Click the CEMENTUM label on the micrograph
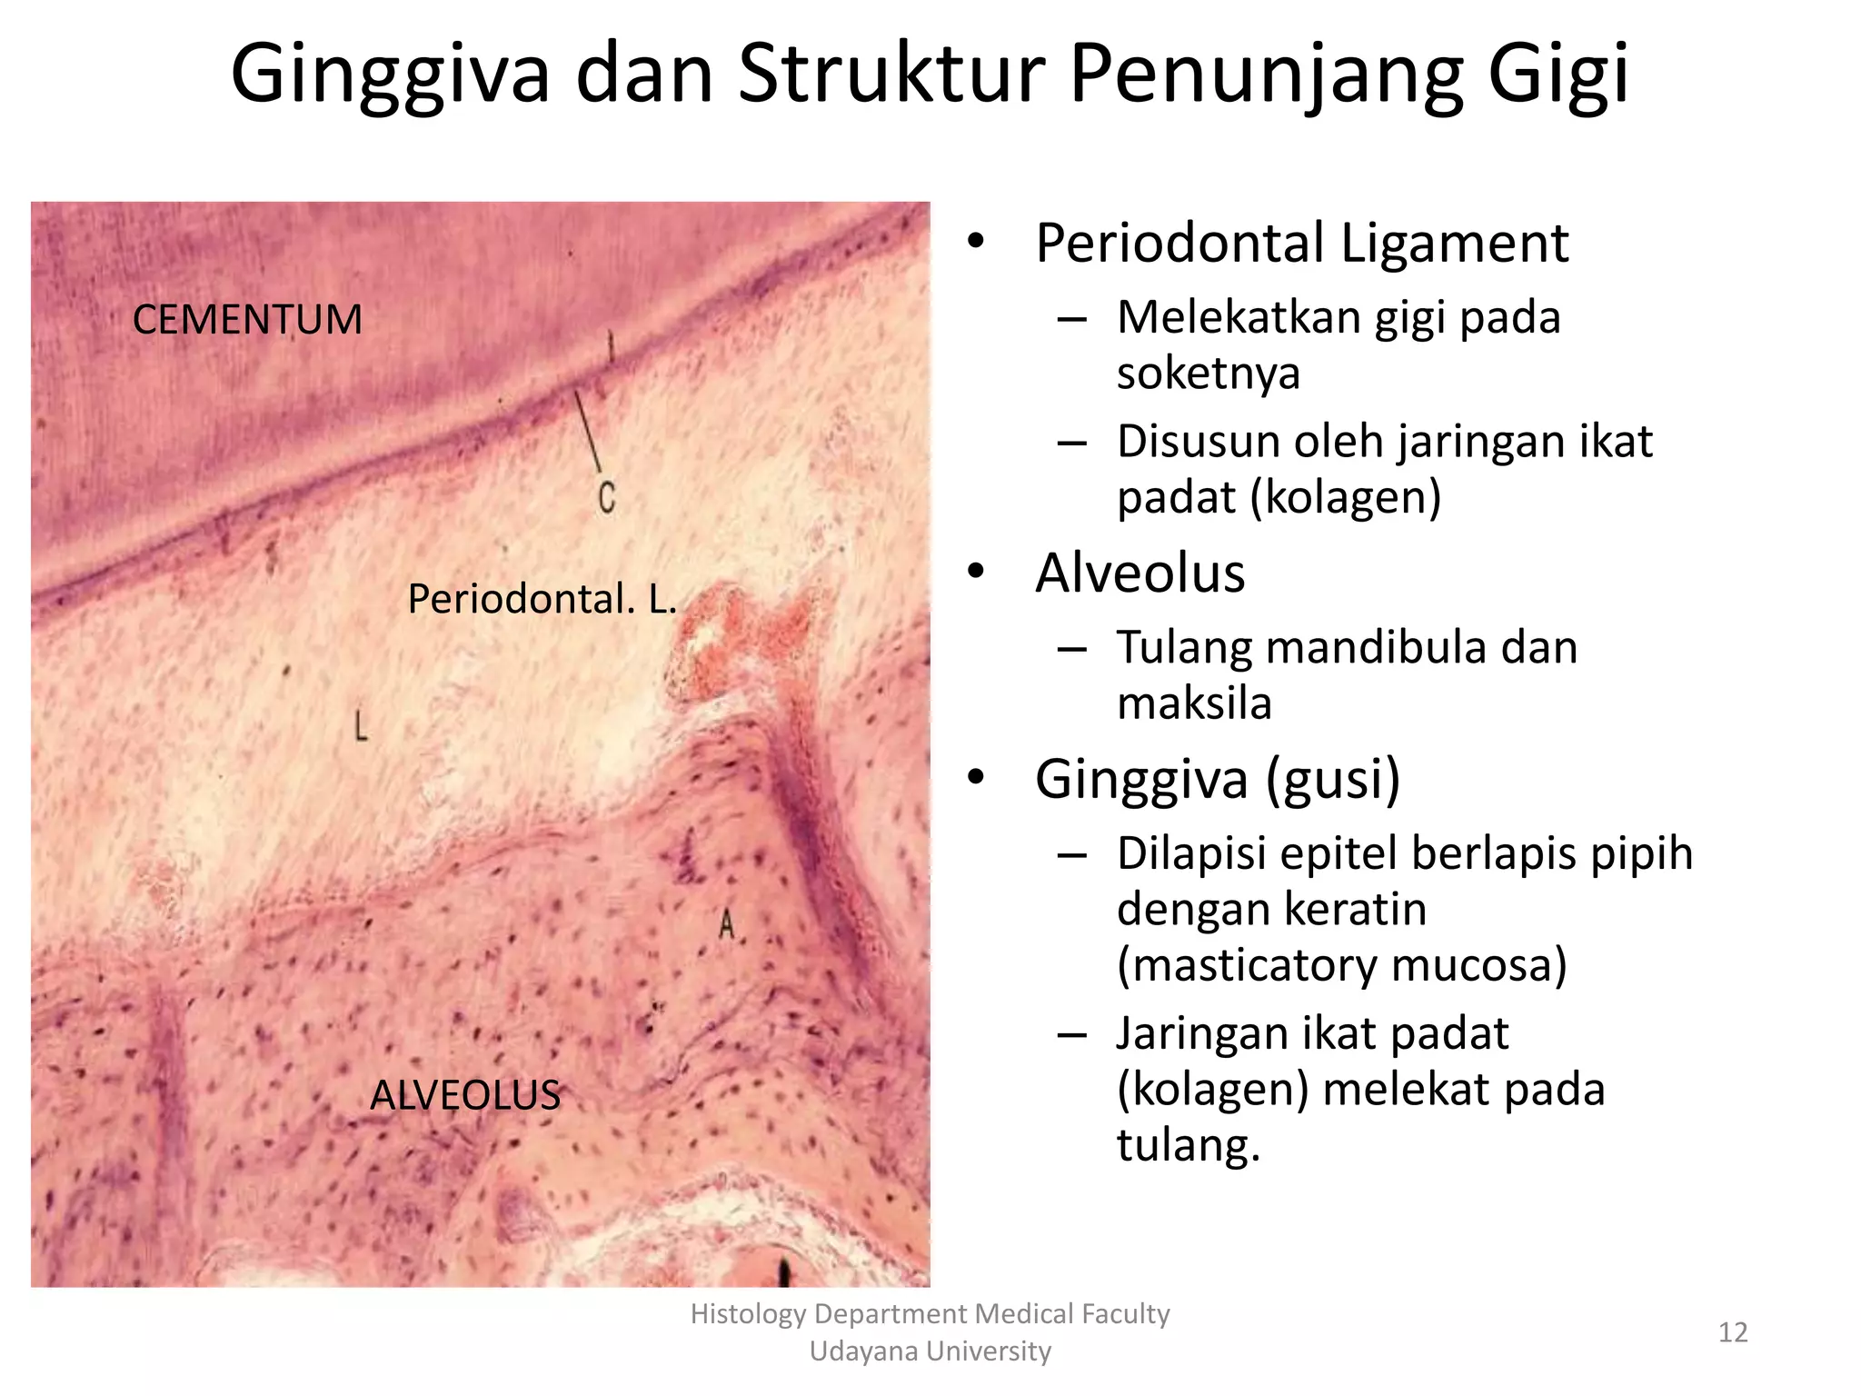[x=247, y=320]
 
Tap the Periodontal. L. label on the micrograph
[x=542, y=599]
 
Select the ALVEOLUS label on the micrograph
[x=465, y=1095]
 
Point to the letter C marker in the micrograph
[x=607, y=497]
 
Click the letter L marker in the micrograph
[x=361, y=726]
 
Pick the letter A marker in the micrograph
[x=726, y=925]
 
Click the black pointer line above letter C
[x=588, y=432]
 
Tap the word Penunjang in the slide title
[x=1265, y=75]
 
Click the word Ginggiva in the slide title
[x=391, y=75]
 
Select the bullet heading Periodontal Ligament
[x=1301, y=244]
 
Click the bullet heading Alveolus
[x=1139, y=573]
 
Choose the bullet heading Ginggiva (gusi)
[x=1217, y=779]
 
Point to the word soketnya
[x=1208, y=374]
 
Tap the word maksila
[x=1193, y=703]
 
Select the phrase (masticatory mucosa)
[x=1341, y=964]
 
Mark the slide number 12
[x=1732, y=1332]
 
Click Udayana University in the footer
[x=930, y=1351]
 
